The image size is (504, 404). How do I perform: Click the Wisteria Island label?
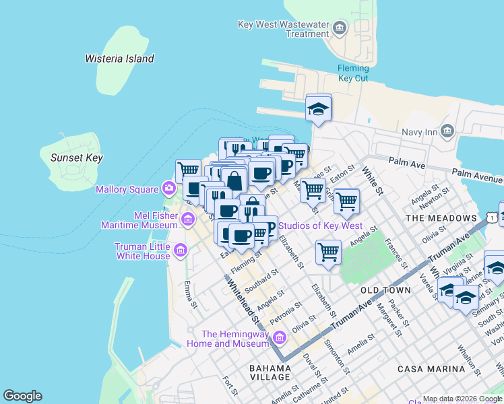[x=119, y=59]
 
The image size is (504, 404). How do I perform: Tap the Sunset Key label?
[x=77, y=158]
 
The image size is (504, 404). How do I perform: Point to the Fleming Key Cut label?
[x=353, y=73]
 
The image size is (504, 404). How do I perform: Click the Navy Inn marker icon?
[x=447, y=131]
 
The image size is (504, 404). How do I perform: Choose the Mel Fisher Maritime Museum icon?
[x=188, y=218]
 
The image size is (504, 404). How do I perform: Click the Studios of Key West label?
[x=320, y=226]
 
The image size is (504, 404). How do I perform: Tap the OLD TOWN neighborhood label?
[x=385, y=290]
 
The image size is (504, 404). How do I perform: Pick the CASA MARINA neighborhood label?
[x=431, y=369]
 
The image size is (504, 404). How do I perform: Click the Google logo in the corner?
[x=22, y=396]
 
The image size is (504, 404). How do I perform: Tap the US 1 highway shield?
[x=495, y=217]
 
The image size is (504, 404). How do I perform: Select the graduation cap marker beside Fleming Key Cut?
[x=318, y=109]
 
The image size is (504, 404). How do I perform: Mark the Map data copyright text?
[x=462, y=399]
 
